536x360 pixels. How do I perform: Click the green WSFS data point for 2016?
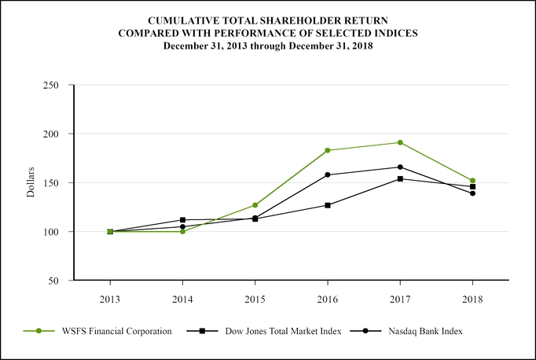pyautogui.click(x=328, y=150)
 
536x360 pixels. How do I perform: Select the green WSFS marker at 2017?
pyautogui.click(x=400, y=142)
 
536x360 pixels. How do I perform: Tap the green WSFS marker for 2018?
pyautogui.click(x=472, y=181)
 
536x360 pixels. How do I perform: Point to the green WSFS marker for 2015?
pyautogui.click(x=255, y=205)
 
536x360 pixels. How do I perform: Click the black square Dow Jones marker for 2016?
pyautogui.click(x=328, y=205)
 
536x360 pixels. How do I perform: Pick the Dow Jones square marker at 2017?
pyautogui.click(x=400, y=178)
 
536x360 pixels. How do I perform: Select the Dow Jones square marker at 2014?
pyautogui.click(x=183, y=220)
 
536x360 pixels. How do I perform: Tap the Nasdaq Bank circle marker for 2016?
pyautogui.click(x=328, y=174)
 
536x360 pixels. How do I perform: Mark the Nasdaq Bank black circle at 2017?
pyautogui.click(x=400, y=167)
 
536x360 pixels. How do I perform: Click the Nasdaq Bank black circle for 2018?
pyautogui.click(x=472, y=193)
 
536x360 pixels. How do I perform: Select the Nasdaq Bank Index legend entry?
pyautogui.click(x=425, y=332)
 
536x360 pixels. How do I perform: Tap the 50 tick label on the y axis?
pyautogui.click(x=55, y=281)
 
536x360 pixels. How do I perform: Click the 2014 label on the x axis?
pyautogui.click(x=183, y=299)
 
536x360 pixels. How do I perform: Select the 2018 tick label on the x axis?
pyautogui.click(x=472, y=299)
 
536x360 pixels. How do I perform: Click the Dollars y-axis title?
pyautogui.click(x=31, y=182)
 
